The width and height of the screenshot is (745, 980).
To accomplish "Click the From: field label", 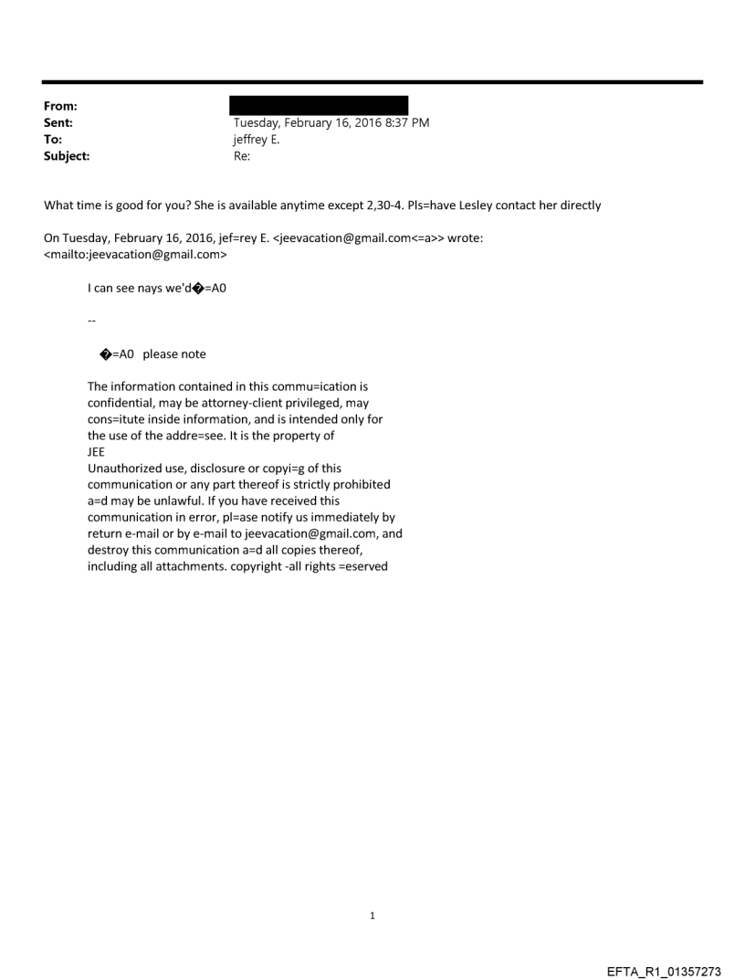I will (x=60, y=106).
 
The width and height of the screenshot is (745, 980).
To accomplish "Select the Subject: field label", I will (x=66, y=156).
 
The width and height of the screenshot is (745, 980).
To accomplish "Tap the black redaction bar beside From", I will (x=319, y=105).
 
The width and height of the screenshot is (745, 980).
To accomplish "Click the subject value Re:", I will (x=242, y=156).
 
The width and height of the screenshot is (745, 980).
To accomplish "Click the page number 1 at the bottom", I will (x=372, y=915).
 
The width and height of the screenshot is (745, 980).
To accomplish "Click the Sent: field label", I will (x=59, y=122).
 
